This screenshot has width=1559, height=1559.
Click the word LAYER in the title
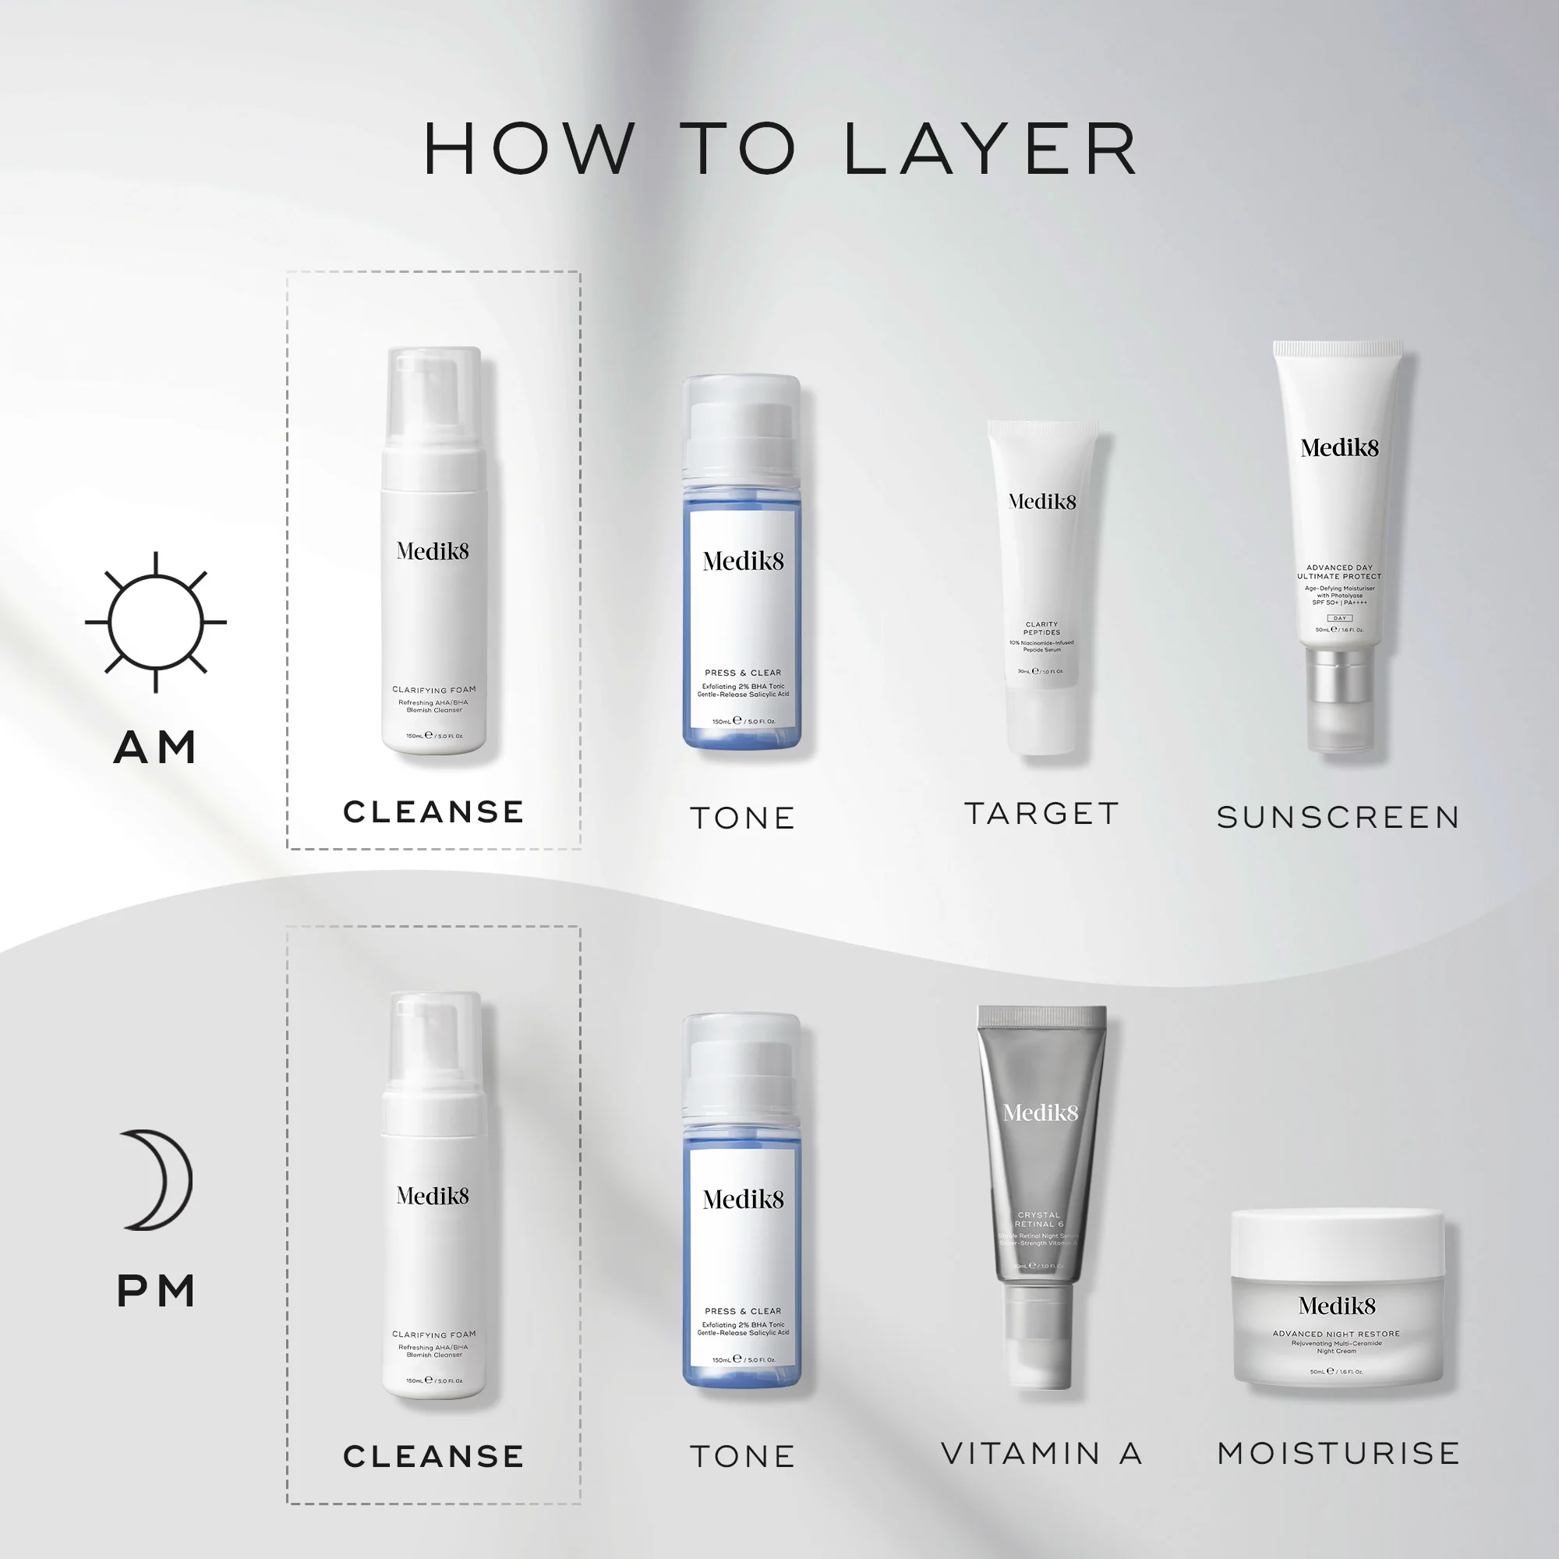(x=991, y=150)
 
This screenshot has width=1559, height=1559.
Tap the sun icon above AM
(x=156, y=622)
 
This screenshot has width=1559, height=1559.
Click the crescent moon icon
(x=158, y=1179)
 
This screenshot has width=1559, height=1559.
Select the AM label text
(x=156, y=748)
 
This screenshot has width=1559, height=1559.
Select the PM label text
(x=156, y=1290)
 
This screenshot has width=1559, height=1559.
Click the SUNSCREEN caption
(x=1338, y=818)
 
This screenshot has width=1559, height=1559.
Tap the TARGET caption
(x=1041, y=813)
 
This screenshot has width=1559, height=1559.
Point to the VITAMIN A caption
(x=1041, y=1453)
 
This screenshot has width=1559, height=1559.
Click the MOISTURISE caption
(x=1338, y=1453)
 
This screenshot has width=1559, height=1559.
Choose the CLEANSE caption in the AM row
(x=433, y=811)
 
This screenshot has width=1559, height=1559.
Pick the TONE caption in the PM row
(x=742, y=1457)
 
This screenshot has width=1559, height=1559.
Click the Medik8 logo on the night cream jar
(x=1337, y=1306)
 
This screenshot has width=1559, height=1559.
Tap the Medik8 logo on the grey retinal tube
(x=1040, y=1113)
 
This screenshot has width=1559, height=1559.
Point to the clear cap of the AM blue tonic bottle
(x=741, y=428)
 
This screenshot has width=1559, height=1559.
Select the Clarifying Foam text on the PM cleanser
(x=433, y=1335)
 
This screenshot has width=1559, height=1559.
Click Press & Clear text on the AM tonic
(x=742, y=672)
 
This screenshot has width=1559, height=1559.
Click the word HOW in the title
(x=529, y=150)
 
